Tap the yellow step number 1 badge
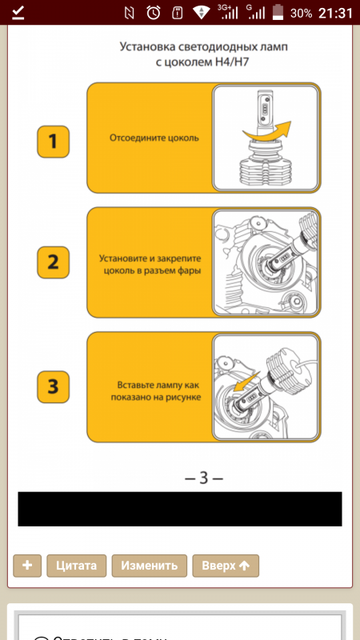tap(53, 142)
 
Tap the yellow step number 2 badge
tap(53, 263)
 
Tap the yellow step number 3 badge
tap(53, 387)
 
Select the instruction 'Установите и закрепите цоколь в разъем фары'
tap(150, 264)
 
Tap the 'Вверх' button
tap(226, 565)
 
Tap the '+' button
tap(27, 565)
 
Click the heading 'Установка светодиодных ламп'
tap(203, 48)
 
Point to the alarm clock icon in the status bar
tap(154, 13)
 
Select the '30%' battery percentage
tap(301, 14)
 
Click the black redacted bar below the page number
tap(180, 509)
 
